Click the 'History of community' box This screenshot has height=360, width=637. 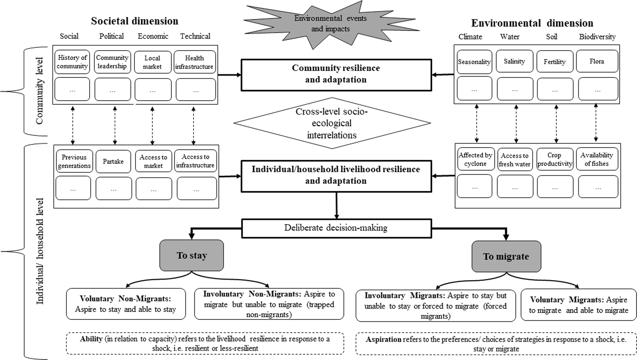[72, 62]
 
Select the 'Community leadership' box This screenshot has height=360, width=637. [112, 62]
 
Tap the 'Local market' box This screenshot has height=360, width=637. [152, 62]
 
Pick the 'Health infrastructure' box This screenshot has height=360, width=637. [195, 62]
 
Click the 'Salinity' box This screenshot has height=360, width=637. [514, 61]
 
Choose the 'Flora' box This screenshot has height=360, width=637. [597, 61]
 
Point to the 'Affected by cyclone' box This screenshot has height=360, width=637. [475, 159]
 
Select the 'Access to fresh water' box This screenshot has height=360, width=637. [515, 160]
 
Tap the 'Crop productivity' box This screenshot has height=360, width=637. [555, 159]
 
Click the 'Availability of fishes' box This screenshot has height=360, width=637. [597, 159]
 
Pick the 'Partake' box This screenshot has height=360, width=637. [113, 161]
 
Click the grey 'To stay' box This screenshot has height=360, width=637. [192, 255]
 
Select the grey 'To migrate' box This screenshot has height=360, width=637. [506, 256]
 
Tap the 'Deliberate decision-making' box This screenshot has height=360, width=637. [336, 228]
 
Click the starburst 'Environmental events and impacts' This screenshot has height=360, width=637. [331, 24]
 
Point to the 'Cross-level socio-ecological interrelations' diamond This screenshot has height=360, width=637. [332, 123]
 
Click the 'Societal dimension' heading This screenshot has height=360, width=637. [135, 21]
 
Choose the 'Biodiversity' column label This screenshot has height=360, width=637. [597, 37]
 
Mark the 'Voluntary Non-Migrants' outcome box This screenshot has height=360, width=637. [126, 304]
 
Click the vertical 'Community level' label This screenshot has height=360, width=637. [40, 90]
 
